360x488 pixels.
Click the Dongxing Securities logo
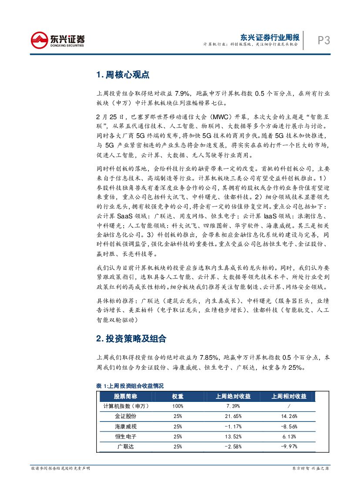click(57, 41)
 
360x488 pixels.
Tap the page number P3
click(323, 40)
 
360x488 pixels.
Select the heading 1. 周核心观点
click(123, 75)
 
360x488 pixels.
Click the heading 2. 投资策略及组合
click(131, 338)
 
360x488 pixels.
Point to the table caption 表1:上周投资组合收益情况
click(130, 385)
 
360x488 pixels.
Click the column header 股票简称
click(125, 396)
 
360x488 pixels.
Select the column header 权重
click(178, 396)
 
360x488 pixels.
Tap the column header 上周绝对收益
click(233, 396)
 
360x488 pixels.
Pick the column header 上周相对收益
click(289, 396)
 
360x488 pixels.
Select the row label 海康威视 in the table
click(125, 426)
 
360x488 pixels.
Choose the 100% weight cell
click(178, 406)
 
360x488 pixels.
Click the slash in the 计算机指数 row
click(289, 406)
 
